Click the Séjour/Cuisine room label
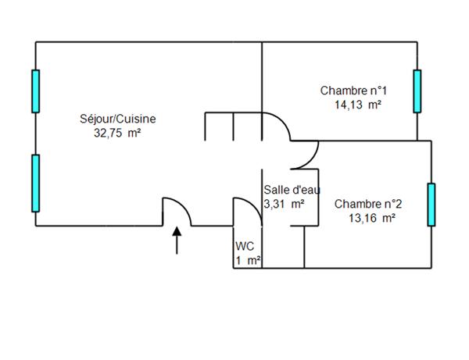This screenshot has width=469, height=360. point(118,119)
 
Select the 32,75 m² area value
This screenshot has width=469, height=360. point(118,133)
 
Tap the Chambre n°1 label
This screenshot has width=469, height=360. point(353,91)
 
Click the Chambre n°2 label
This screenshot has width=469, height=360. point(368,204)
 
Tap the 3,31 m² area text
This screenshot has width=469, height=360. point(285,204)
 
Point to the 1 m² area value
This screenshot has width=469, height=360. point(249,261)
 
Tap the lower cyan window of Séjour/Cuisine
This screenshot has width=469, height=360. point(35,184)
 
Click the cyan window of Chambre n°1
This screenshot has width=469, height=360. point(417,91)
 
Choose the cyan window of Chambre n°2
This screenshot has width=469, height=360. point(431,204)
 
